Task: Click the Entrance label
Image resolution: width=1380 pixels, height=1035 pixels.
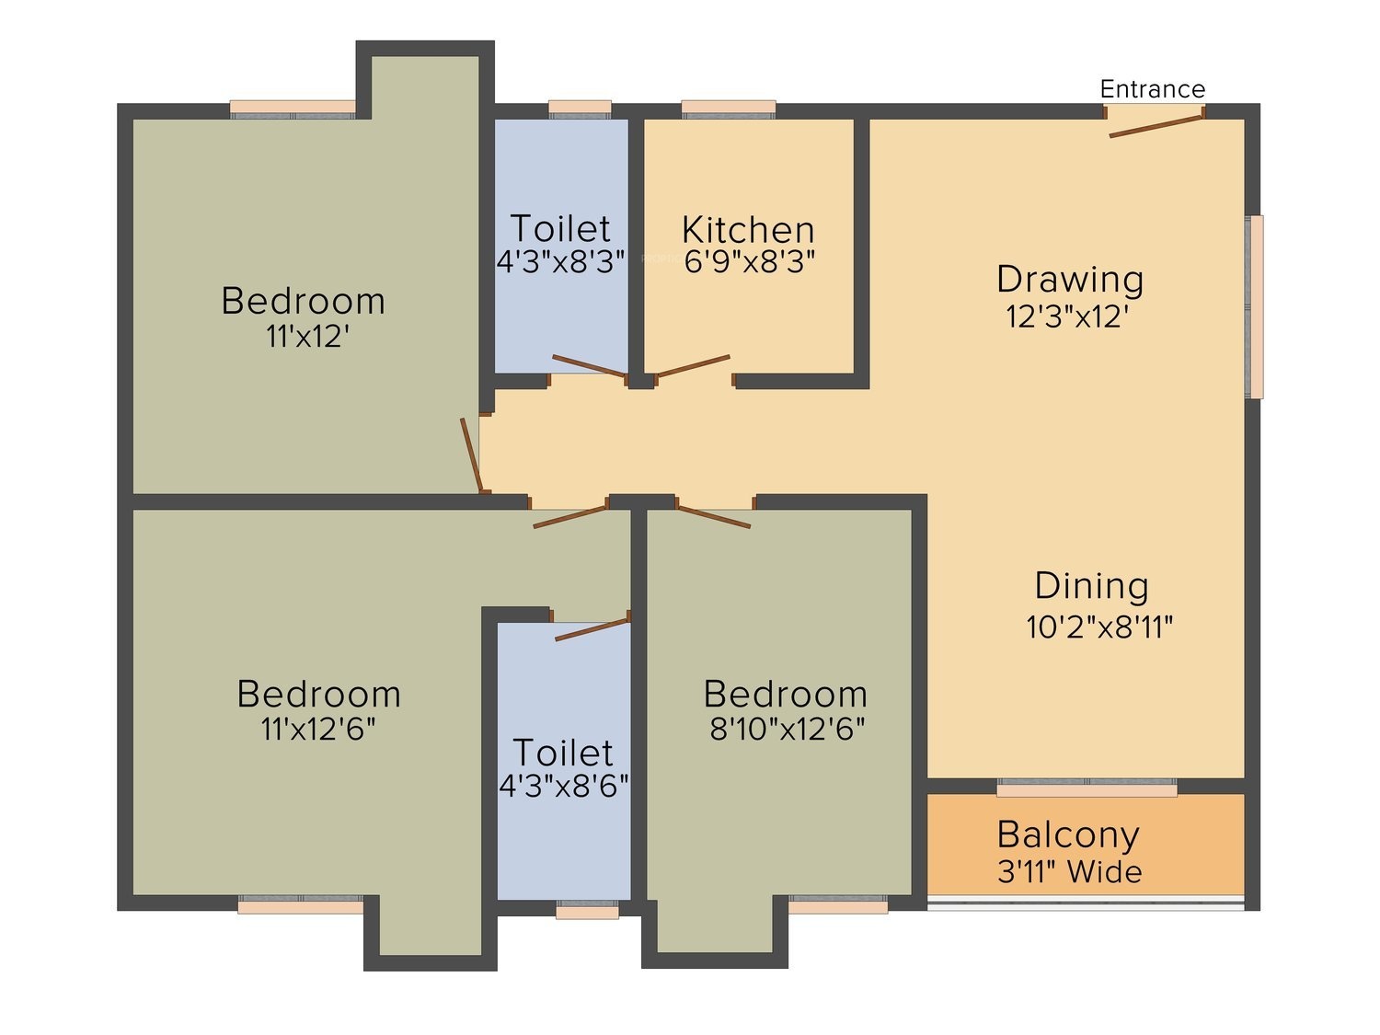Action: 1153,89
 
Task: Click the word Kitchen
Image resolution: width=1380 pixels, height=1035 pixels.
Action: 748,230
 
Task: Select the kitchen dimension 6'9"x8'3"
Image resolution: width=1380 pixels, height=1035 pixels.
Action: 750,261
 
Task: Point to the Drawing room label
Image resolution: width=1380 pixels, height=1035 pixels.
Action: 1070,280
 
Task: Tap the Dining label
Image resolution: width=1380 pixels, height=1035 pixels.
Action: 1091,586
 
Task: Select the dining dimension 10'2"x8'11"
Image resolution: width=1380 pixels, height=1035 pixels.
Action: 1099,627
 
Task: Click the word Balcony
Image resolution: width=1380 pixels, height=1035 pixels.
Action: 1068,835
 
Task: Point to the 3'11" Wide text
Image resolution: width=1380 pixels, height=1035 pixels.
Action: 1069,871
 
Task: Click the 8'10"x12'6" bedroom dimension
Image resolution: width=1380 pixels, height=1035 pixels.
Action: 788,729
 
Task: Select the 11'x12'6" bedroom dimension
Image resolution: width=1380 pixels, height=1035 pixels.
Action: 318,729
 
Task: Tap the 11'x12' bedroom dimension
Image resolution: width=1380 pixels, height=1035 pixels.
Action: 307,337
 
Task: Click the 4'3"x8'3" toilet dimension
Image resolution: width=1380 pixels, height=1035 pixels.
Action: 561,261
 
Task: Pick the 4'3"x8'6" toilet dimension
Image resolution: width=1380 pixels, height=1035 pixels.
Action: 564,785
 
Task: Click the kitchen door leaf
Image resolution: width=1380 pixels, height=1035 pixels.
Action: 693,366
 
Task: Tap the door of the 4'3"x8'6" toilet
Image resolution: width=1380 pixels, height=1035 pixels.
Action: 592,629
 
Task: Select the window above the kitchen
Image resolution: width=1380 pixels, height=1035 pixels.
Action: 728,109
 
